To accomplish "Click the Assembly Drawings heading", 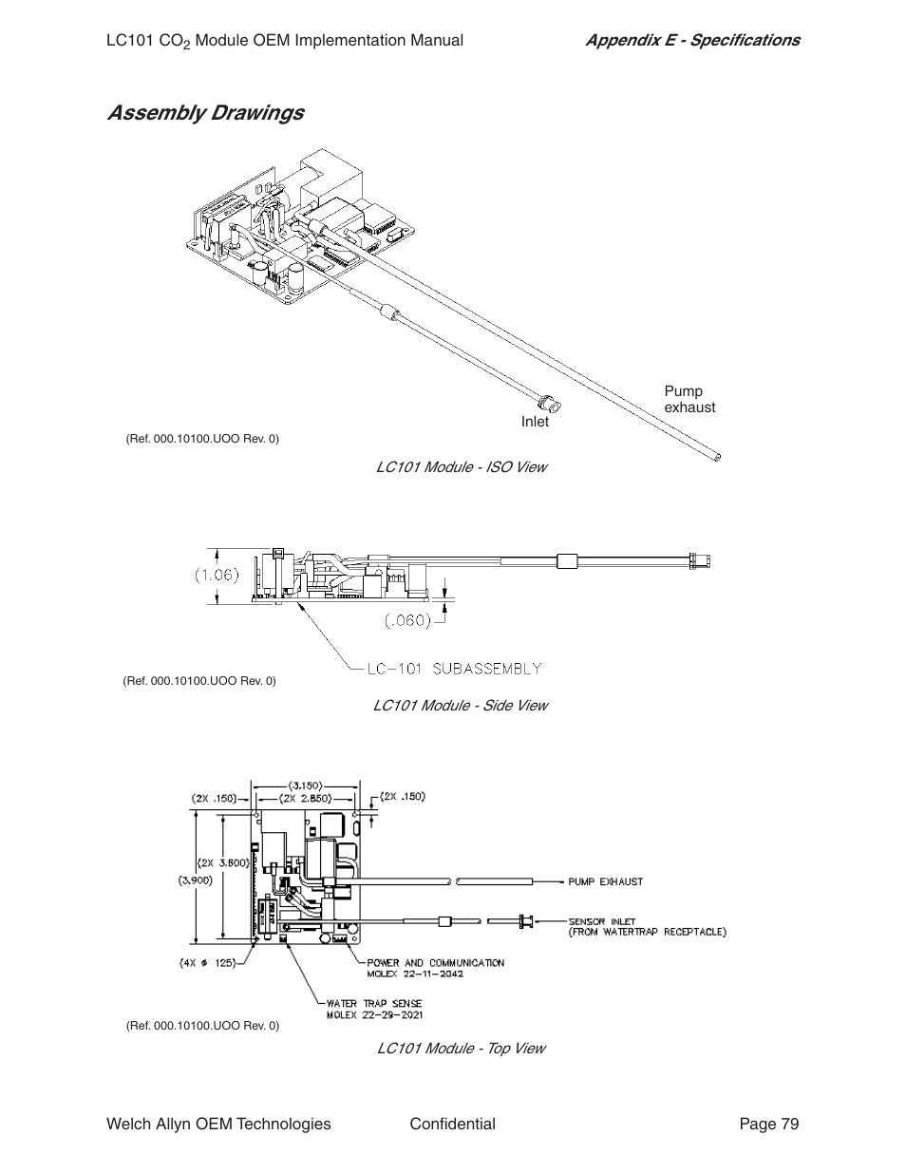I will click(x=205, y=113).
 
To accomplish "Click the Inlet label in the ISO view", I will click(x=535, y=422).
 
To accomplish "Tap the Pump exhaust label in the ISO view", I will click(x=689, y=400).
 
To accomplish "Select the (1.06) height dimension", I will click(x=217, y=575).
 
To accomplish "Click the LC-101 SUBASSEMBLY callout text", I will click(x=454, y=669).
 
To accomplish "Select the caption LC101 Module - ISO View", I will click(x=461, y=467).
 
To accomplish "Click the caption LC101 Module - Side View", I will click(x=460, y=706).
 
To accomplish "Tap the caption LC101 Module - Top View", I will click(x=461, y=1049).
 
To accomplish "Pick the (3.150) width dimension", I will click(x=305, y=785).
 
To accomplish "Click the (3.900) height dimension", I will click(x=195, y=880).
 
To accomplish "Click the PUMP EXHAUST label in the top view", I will click(x=605, y=881).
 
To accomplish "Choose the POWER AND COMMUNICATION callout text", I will click(x=436, y=963).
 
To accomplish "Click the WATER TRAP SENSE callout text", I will click(x=374, y=1003).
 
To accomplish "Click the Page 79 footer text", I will click(x=769, y=1125).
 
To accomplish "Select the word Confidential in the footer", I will click(x=452, y=1125).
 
